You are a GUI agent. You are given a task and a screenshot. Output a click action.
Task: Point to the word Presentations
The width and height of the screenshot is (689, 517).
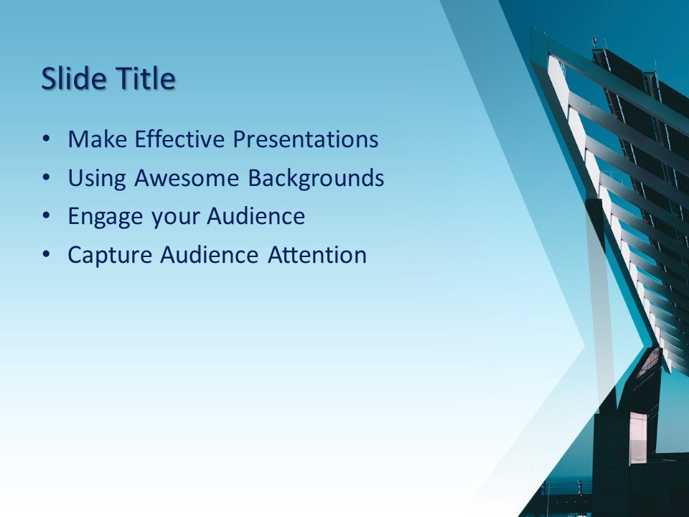[307, 139]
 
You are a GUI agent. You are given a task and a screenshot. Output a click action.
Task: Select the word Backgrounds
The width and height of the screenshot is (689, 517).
[316, 178]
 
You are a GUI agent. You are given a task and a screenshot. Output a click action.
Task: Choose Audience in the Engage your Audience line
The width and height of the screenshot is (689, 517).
[256, 216]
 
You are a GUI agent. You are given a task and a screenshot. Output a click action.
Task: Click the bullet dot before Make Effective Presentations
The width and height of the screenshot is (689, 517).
[47, 138]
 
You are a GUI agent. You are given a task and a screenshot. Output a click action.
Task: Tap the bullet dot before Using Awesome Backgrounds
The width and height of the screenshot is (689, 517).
[47, 177]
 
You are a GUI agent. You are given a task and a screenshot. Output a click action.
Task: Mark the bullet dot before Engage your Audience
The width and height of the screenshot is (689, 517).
[47, 215]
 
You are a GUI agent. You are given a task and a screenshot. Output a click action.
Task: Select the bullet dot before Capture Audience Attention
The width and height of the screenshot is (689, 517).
[47, 254]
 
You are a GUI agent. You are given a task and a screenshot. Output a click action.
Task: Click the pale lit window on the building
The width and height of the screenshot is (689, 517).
[638, 437]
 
